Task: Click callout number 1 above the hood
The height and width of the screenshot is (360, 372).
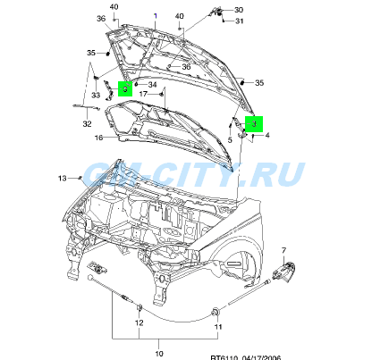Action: pos(155,16)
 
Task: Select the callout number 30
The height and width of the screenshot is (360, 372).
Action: pos(239,10)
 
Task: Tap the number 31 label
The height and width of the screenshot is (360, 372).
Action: pos(240,21)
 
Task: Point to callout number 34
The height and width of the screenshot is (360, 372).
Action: pos(152,85)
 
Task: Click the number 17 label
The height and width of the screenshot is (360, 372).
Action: pos(143,94)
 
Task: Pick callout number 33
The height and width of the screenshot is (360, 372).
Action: pos(96,95)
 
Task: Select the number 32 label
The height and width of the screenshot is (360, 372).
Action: pos(87,123)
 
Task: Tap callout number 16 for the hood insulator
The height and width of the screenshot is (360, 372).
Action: pos(98,138)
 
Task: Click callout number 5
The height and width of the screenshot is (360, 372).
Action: pos(230,139)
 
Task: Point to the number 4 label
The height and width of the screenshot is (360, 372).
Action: pos(267,136)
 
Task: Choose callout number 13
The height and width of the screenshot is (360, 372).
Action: pos(62,179)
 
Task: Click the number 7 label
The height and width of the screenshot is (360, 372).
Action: pos(283,251)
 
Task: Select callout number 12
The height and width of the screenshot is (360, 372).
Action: pos(139,322)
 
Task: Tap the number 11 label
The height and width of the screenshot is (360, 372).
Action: pos(218,327)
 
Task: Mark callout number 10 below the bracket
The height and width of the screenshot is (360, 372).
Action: pos(159,354)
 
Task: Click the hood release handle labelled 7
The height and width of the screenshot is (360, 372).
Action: pos(283,272)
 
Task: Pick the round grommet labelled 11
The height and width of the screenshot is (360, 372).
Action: pos(216,313)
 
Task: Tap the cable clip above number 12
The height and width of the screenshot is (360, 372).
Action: pos(139,308)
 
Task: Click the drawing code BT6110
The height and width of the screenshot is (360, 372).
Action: pos(224,358)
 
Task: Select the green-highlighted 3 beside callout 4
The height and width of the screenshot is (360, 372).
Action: pos(254,124)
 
